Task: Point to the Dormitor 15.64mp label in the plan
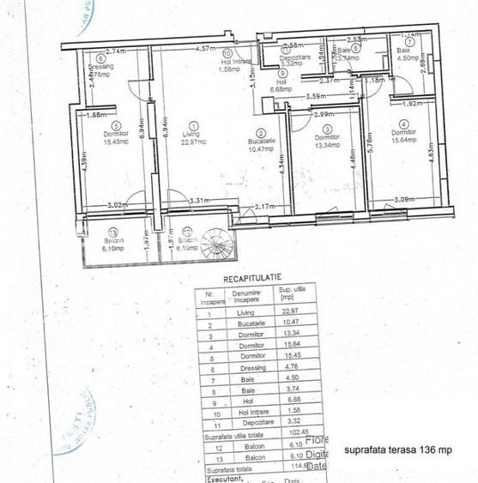pyautogui.click(x=402, y=137)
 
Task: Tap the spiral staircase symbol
pyautogui.click(x=217, y=246)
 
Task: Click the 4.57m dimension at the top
pyautogui.click(x=204, y=49)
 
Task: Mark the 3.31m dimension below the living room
pyautogui.click(x=198, y=201)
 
